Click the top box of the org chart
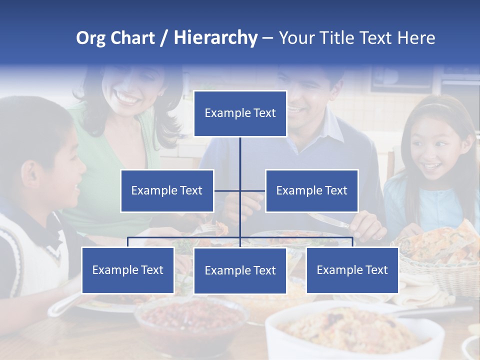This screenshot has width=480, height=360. (x=240, y=113)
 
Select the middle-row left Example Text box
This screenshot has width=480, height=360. (x=167, y=190)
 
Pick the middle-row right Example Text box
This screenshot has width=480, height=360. (x=311, y=190)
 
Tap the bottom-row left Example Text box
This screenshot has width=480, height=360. (x=127, y=270)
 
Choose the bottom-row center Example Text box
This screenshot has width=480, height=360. (x=240, y=270)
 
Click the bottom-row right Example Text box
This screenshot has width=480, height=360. (x=352, y=270)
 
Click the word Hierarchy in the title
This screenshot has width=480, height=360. (x=215, y=37)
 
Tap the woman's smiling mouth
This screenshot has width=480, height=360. (x=128, y=97)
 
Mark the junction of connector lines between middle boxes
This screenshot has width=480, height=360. (x=240, y=190)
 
